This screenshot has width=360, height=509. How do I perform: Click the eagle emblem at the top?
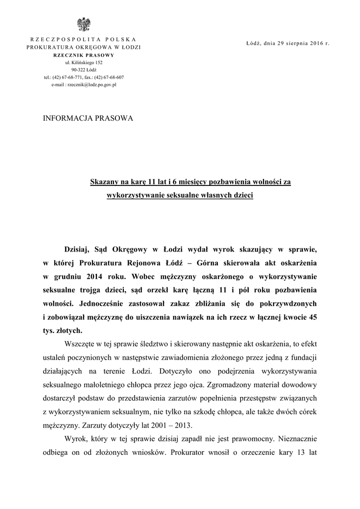click(x=83, y=24)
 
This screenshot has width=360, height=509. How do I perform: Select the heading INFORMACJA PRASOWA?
click(x=89, y=119)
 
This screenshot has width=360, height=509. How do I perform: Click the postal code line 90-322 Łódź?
click(x=84, y=70)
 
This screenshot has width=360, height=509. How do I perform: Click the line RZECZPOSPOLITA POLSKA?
click(x=84, y=39)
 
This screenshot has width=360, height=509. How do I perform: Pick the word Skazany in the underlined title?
click(x=102, y=182)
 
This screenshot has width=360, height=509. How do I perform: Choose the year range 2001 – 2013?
click(x=172, y=425)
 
